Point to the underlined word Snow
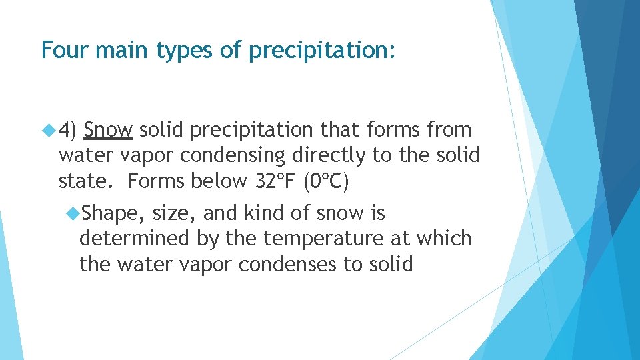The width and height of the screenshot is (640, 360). pos(109,129)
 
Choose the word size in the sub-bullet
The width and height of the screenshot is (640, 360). pos(174,213)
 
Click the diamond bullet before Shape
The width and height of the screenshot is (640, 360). pos(73,213)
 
